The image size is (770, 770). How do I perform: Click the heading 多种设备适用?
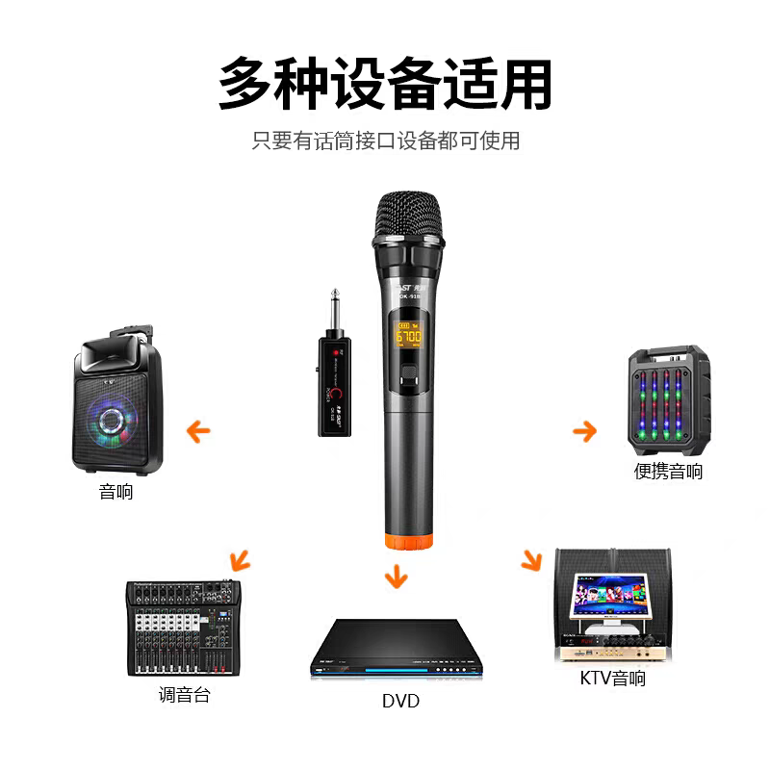click(385, 84)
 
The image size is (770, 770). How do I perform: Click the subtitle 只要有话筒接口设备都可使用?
click(385, 141)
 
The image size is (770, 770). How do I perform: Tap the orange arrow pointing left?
click(199, 430)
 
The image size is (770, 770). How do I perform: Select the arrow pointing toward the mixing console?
click(238, 558)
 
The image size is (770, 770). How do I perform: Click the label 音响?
click(115, 492)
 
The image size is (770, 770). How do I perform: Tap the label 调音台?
click(184, 694)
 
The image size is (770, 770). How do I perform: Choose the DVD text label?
click(400, 701)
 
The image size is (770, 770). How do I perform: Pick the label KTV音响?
click(613, 679)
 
